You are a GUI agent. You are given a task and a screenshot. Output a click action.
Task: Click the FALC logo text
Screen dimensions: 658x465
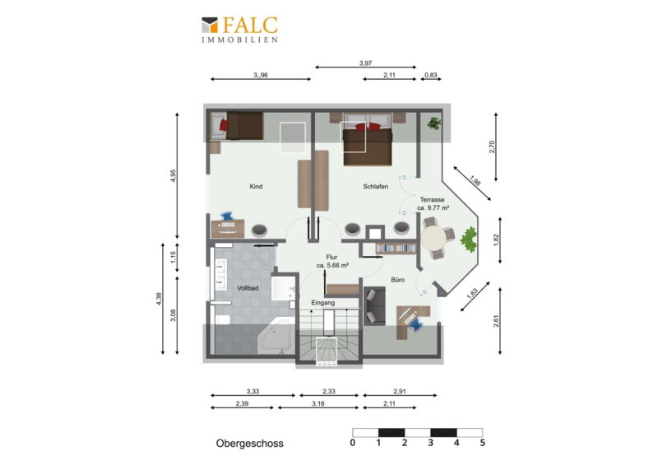click(x=250, y=26)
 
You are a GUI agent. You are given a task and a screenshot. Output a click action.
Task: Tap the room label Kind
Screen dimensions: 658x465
click(x=256, y=187)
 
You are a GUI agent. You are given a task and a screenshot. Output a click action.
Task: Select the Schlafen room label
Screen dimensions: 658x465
click(x=376, y=187)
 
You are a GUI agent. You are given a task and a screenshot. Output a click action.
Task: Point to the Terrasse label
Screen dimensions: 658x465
click(x=433, y=200)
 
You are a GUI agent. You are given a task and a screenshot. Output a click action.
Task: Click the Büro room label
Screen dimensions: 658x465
click(x=398, y=280)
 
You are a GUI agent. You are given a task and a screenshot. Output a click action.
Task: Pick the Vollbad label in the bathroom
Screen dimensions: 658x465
click(x=248, y=288)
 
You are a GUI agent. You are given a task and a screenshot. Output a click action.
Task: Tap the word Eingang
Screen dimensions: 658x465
click(x=323, y=303)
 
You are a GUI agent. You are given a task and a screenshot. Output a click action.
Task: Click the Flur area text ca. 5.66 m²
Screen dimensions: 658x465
click(x=332, y=266)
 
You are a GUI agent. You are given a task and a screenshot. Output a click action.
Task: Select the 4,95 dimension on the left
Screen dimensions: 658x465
click(x=174, y=175)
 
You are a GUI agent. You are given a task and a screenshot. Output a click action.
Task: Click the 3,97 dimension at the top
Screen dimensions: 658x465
click(x=365, y=63)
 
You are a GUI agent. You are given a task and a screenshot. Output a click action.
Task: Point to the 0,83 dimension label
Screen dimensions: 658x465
click(x=430, y=75)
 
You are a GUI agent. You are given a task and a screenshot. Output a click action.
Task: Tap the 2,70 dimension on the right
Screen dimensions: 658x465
click(x=492, y=146)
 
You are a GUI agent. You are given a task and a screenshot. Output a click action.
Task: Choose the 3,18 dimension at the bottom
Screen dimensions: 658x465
click(x=318, y=403)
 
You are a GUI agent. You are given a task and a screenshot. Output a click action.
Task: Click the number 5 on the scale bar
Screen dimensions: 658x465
click(x=483, y=443)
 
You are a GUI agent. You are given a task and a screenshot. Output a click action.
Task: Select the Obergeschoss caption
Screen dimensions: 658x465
click(x=250, y=444)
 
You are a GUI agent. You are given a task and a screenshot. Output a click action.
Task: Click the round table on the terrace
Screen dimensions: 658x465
click(x=434, y=239)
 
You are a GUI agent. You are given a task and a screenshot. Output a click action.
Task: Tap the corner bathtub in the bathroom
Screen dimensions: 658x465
click(x=276, y=337)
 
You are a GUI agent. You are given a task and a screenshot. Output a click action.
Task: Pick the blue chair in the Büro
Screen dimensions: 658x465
click(x=415, y=324)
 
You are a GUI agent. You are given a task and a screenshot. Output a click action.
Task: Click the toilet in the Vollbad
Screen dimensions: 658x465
click(x=221, y=319)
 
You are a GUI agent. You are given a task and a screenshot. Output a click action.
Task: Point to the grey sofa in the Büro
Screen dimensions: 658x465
click(x=374, y=306)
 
